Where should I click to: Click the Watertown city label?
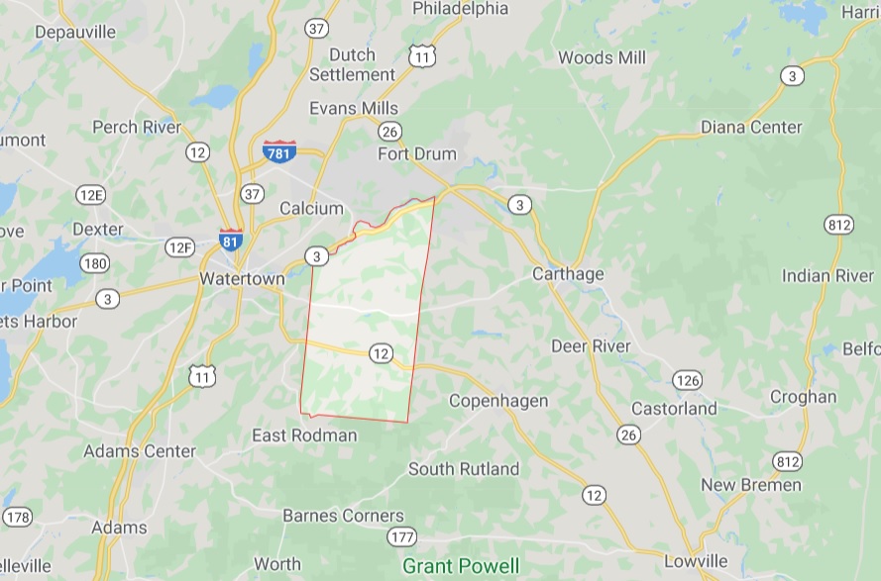(x=242, y=279)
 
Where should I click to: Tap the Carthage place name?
(x=568, y=273)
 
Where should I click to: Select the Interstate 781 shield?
(x=279, y=151)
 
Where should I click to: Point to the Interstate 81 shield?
(x=230, y=240)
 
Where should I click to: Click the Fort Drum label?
(x=417, y=153)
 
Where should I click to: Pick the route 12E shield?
(x=90, y=194)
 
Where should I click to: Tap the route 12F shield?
(x=180, y=247)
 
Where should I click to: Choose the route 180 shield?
(x=95, y=262)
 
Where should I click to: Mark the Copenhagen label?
(x=498, y=400)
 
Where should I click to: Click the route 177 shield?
(x=401, y=536)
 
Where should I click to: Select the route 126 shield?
(x=687, y=380)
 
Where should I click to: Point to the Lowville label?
(x=696, y=561)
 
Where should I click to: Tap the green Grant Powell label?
(x=461, y=566)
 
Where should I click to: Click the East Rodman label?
(x=304, y=436)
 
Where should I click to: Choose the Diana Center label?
(x=751, y=127)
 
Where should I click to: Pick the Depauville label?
(x=75, y=32)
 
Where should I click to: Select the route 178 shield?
(x=17, y=517)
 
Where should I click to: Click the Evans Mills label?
(x=354, y=108)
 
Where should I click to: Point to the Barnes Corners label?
(x=343, y=515)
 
